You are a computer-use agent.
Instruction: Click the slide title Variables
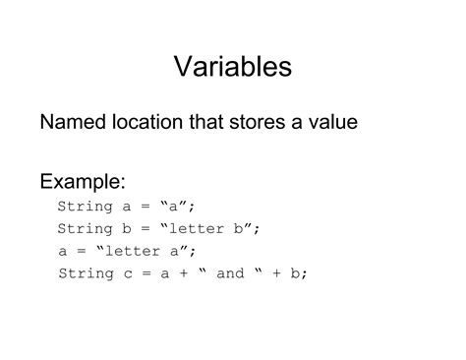[x=233, y=67]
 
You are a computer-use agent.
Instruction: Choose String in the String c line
[x=86, y=272]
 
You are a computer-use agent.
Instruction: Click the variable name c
[x=132, y=272]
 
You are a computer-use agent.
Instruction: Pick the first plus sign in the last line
[x=184, y=272]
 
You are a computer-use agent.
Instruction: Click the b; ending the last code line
[x=300, y=272]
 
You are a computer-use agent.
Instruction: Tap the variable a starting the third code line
[x=63, y=251]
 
